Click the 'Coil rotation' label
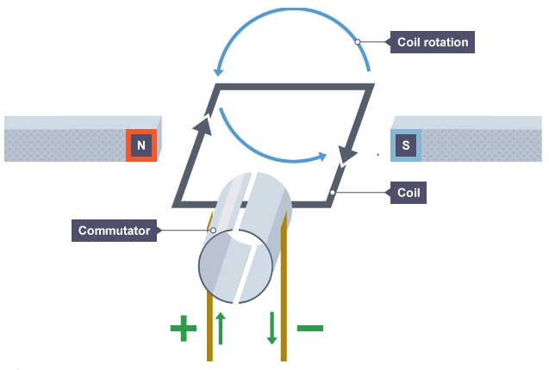432,41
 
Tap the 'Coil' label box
408,192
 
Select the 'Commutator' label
114,231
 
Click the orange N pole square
141,145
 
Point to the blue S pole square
405,145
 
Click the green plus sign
183,328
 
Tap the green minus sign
309,328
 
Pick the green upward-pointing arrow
220,327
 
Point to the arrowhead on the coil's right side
349,153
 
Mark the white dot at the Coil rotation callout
357,41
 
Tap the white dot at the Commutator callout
213,231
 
